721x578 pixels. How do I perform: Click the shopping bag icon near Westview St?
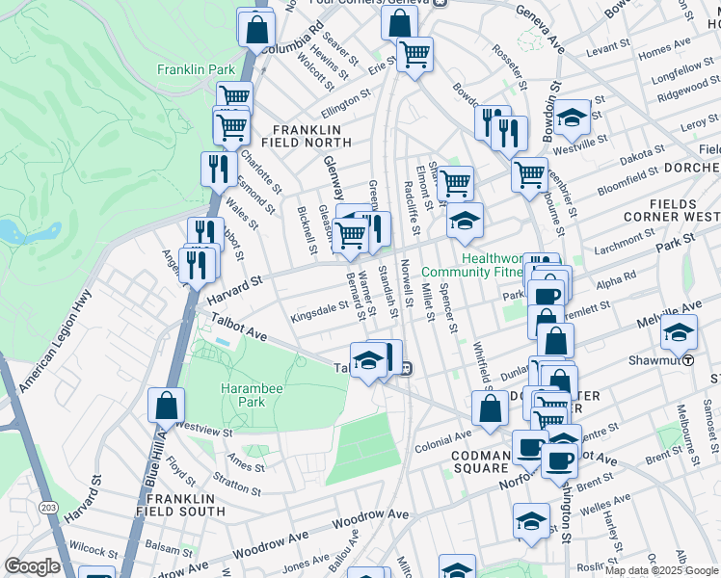(x=166, y=406)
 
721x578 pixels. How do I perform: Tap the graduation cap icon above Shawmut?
(x=679, y=333)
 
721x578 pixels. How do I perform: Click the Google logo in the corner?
(x=32, y=566)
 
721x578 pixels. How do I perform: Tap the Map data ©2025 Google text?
(x=661, y=570)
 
